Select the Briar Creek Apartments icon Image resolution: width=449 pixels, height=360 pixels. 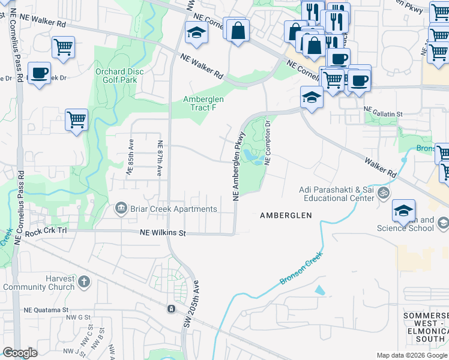pyautogui.click(x=121, y=209)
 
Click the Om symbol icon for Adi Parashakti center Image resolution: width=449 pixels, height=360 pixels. pyautogui.click(x=385, y=193)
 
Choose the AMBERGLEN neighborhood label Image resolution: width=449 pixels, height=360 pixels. pyautogui.click(x=286, y=215)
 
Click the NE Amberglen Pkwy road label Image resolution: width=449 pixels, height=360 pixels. pyautogui.click(x=237, y=165)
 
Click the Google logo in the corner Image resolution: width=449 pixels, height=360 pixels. pyautogui.click(x=20, y=352)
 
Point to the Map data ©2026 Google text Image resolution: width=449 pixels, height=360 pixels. pyautogui.click(x=411, y=355)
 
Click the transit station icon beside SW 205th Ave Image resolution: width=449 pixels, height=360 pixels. pyautogui.click(x=171, y=308)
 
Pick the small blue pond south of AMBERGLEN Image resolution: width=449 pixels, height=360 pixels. pyautogui.click(x=319, y=290)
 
